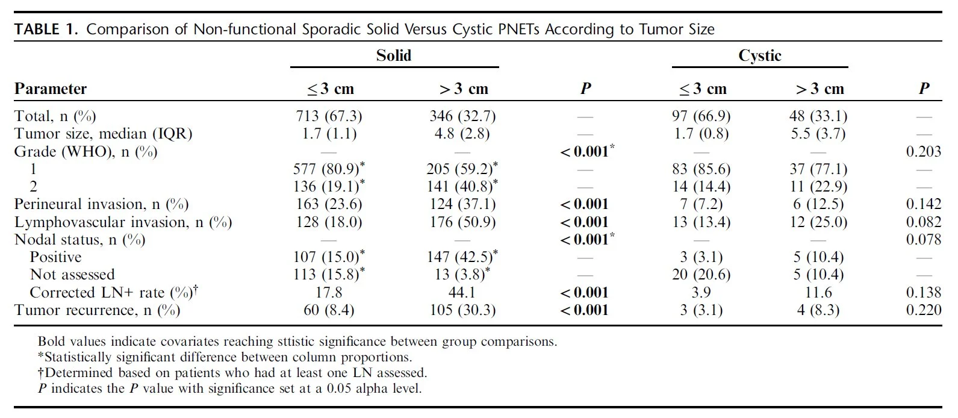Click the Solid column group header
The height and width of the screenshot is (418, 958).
point(393,55)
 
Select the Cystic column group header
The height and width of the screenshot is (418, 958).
point(759,55)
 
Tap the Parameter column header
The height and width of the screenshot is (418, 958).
point(51,89)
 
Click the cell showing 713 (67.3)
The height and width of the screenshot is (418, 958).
point(329,116)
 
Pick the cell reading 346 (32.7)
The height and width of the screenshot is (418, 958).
point(462,116)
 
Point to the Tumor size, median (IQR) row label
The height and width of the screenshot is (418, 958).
point(103,134)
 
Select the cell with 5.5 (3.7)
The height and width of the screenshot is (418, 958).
point(818,134)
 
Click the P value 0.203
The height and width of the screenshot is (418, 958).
point(923,151)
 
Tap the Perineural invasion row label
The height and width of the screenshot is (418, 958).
point(101,204)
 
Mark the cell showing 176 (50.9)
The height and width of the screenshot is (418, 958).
point(462,222)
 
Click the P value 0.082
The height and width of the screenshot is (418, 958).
point(923,222)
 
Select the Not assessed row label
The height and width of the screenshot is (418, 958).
point(72,274)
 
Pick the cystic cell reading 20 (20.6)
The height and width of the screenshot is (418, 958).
point(701,274)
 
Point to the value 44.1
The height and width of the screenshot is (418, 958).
point(462,293)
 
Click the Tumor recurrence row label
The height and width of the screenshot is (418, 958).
point(97,310)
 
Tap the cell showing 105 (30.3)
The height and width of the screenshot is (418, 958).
point(462,310)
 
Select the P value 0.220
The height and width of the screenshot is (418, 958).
point(923,310)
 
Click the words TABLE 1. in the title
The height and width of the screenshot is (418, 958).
point(46,30)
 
